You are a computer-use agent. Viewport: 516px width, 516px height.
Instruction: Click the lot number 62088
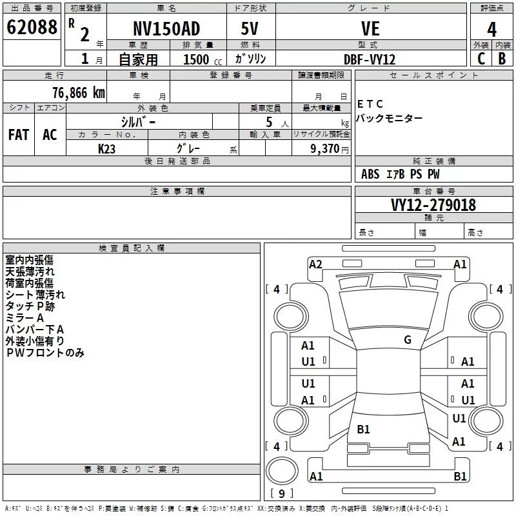click(x=32, y=28)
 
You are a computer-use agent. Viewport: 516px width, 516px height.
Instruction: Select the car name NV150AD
click(x=166, y=28)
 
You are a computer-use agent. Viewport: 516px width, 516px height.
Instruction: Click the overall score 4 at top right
click(x=492, y=29)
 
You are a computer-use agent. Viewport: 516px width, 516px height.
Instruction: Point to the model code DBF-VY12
click(x=370, y=59)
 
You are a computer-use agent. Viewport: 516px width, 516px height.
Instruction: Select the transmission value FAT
click(x=19, y=134)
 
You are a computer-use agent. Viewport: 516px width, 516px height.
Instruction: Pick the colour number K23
click(x=107, y=148)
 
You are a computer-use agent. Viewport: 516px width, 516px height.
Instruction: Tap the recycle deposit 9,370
click(x=321, y=148)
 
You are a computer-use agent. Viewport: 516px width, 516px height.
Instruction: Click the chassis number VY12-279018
click(x=433, y=205)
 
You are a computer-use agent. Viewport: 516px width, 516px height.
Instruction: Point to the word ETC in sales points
click(x=370, y=104)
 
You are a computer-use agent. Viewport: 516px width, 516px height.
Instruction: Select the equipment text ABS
click(x=370, y=174)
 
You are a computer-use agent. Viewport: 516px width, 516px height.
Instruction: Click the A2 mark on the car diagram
click(x=315, y=264)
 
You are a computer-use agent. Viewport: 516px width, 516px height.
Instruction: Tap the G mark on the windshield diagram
click(x=408, y=340)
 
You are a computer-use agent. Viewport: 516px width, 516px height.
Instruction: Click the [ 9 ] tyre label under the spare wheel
click(x=281, y=494)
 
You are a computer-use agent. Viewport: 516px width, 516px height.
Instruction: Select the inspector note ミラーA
click(x=25, y=318)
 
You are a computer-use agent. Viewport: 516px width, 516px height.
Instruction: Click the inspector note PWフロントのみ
click(x=45, y=353)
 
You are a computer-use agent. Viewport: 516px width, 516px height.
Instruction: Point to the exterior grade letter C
click(x=481, y=59)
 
